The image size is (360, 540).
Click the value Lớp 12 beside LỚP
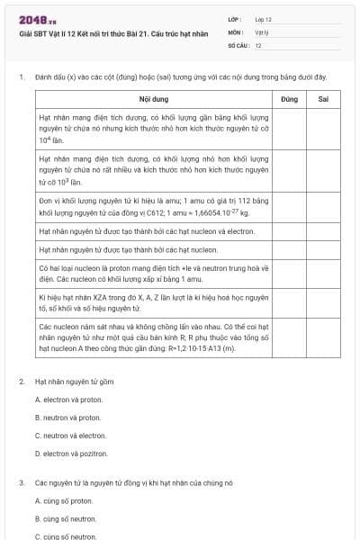click(x=264, y=18)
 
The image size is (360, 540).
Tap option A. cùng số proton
click(x=63, y=500)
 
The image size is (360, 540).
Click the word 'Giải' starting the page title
click(x=25, y=31)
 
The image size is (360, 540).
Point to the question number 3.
click(x=21, y=482)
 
